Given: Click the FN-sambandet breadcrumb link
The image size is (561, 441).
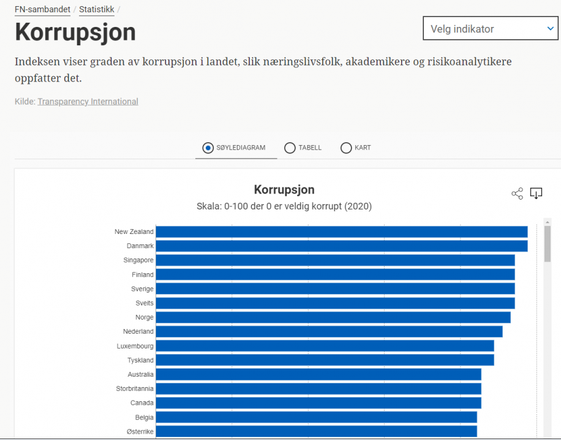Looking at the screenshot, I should [42, 9].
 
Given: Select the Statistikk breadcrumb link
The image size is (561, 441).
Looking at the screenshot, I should [97, 9].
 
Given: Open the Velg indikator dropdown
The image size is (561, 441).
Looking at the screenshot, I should [490, 29].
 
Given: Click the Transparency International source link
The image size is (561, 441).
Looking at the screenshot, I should [88, 102].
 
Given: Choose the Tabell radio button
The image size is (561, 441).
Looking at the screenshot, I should [290, 148].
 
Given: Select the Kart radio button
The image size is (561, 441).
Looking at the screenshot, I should [346, 148].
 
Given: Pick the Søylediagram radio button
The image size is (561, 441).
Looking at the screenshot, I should [208, 148].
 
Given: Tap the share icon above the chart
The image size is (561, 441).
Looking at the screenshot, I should [517, 194].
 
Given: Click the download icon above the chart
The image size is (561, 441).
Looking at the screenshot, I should [536, 194].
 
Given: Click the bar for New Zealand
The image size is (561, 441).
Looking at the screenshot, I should [341, 232].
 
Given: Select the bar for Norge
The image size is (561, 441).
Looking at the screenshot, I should [333, 317].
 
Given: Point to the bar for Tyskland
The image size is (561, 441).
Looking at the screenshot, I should [325, 360].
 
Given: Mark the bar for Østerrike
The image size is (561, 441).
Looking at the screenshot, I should [316, 431].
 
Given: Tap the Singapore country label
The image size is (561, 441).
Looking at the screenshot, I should [138, 260].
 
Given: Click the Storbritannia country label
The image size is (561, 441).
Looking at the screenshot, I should [135, 389].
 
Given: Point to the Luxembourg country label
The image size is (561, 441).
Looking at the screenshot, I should [135, 346].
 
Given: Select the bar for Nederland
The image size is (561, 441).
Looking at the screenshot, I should [329, 331].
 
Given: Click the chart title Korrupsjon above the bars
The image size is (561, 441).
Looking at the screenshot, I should [284, 190].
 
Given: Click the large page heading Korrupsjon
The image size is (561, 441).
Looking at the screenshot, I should [75, 32].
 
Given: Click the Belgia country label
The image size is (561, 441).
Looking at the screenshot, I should [145, 417].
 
